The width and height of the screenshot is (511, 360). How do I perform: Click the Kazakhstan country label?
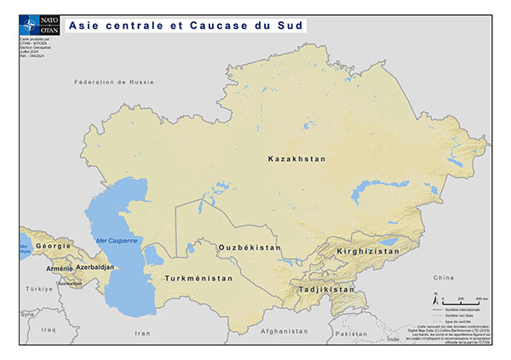(x=297, y=159)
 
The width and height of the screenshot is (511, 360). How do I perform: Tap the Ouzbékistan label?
(x=250, y=247)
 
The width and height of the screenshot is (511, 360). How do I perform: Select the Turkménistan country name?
(x=198, y=278)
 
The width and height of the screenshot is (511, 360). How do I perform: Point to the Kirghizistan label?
(x=367, y=252)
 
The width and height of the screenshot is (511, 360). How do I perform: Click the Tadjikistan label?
(x=326, y=289)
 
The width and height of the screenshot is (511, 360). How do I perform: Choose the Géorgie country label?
(x=54, y=245)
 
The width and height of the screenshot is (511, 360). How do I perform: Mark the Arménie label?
(x=60, y=268)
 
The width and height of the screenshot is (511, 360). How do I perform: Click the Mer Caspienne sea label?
(x=117, y=241)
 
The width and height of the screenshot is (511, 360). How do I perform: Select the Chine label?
(x=444, y=277)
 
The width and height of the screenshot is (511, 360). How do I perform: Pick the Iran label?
(x=142, y=334)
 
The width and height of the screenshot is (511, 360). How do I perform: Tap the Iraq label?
(x=48, y=329)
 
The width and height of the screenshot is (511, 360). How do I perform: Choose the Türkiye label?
(x=38, y=289)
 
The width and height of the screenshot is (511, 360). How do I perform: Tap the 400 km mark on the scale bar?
(x=480, y=300)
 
